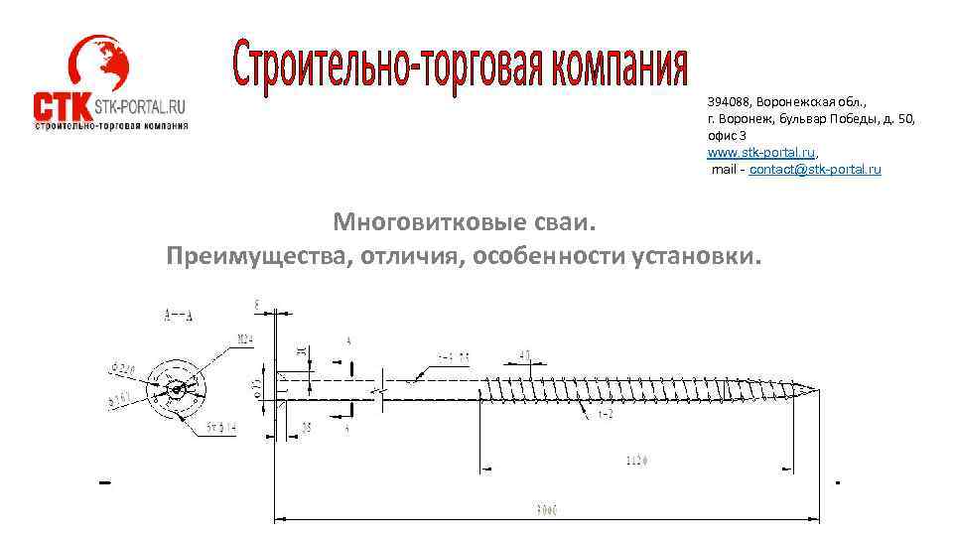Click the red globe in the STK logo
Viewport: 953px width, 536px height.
(99, 66)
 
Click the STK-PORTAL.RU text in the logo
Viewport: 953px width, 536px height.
(141, 107)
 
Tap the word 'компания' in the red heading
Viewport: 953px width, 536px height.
(606, 66)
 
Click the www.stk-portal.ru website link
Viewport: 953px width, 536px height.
(761, 153)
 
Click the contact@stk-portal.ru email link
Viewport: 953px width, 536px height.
(815, 170)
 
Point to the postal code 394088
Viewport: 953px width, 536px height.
(729, 101)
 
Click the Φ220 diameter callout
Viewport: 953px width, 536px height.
(124, 369)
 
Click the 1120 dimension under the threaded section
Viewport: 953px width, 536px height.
(638, 460)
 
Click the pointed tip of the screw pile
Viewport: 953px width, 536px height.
(820, 389)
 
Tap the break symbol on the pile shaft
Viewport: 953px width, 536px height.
(383, 389)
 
